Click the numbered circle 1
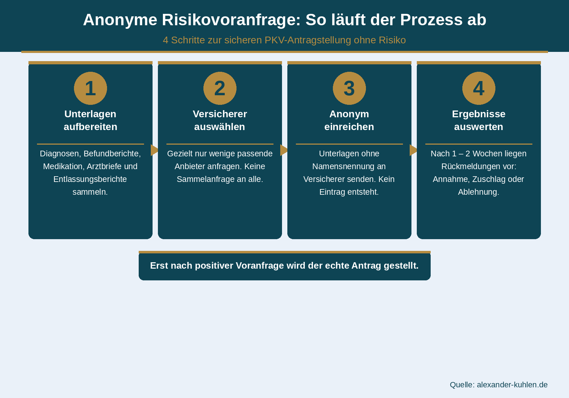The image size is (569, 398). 90,88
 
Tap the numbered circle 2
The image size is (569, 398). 220,88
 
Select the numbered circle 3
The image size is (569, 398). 349,88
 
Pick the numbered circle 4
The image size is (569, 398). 479,88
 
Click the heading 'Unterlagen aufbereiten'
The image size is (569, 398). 90,120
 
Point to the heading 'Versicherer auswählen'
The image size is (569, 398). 220,120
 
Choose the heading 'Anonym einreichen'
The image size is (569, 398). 349,120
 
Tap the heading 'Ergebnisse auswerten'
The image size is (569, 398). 479,120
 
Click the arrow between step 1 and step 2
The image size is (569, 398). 155,150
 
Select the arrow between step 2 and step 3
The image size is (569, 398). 284,150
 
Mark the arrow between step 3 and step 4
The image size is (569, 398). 414,150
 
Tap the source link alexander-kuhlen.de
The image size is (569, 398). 512,385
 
